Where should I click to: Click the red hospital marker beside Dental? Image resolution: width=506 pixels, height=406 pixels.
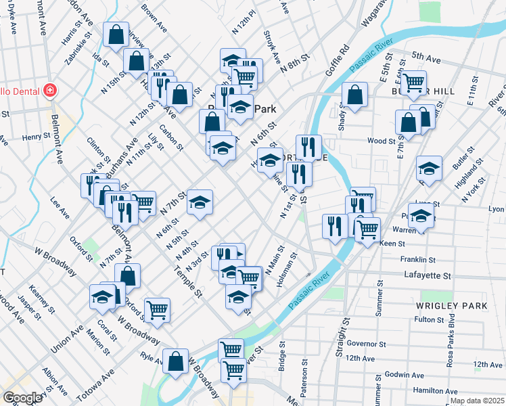click(49, 91)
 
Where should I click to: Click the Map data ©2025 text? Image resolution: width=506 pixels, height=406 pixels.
click(478, 401)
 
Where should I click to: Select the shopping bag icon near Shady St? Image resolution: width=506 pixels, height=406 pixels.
click(354, 95)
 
